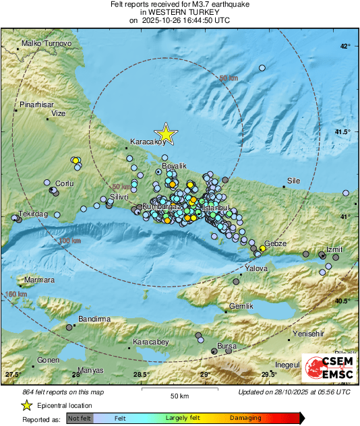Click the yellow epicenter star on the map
(x=165, y=134)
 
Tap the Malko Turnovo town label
(x=47, y=43)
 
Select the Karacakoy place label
(x=147, y=142)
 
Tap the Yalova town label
(x=256, y=268)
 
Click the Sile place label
(x=293, y=181)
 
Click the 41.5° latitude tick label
(x=343, y=132)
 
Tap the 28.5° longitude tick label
(x=140, y=375)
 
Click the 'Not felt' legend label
(x=80, y=419)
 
